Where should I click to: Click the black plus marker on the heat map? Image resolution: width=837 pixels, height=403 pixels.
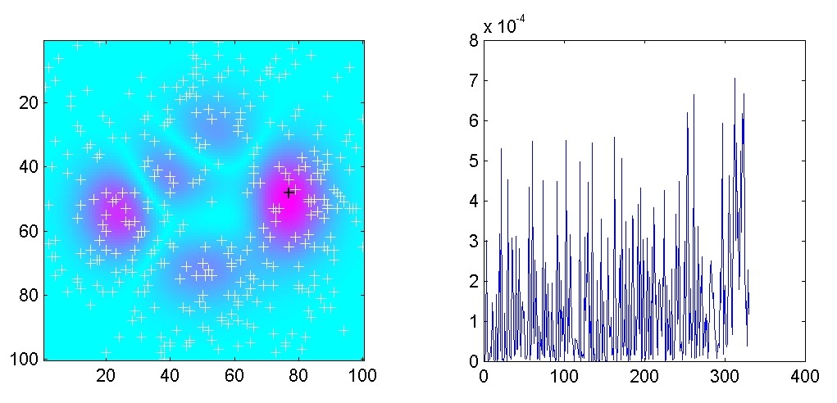[x=289, y=192]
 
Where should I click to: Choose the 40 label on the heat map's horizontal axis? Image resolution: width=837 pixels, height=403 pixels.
[x=170, y=376]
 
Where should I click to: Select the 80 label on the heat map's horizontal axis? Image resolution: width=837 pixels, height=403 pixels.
[x=298, y=376]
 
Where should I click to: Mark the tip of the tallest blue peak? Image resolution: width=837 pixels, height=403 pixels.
[x=735, y=79]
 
